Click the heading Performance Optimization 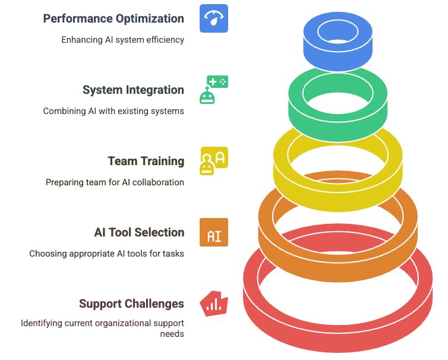pos(113,18)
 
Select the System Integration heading pos(133,90)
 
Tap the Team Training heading pos(146,161)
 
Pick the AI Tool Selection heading pos(139,232)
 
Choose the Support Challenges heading pos(131,304)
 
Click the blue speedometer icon pos(214,18)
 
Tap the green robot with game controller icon pos(213,90)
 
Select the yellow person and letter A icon pos(214,161)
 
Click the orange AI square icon pos(214,233)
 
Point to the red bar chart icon pos(213,304)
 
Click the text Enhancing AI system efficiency pos(123,40)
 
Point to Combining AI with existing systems pos(113,111)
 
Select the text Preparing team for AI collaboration pos(115,182)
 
